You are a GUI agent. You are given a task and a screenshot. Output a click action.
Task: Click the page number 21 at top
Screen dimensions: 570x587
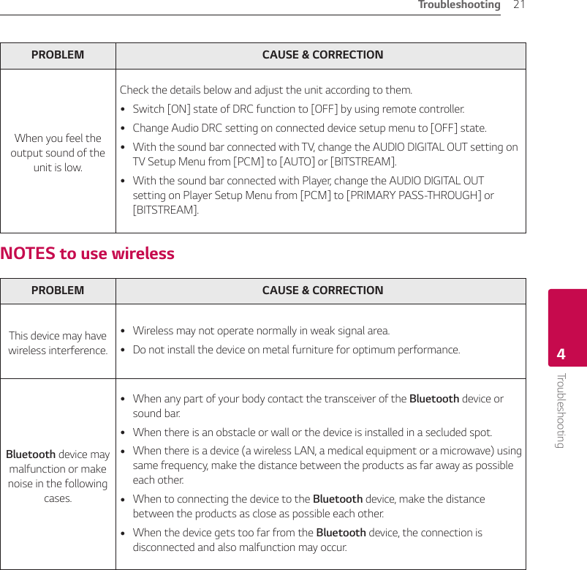(x=519, y=5)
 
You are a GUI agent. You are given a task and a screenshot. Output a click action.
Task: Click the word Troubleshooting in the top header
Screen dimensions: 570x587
(x=459, y=5)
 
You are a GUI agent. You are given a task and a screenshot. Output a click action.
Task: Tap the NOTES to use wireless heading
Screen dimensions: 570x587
(x=88, y=253)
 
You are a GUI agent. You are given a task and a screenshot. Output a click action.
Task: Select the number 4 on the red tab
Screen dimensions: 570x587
(x=561, y=355)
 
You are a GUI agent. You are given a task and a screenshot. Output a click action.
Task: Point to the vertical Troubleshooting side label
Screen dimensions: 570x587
(x=561, y=410)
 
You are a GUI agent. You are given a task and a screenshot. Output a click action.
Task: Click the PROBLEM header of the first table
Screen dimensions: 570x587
(x=58, y=55)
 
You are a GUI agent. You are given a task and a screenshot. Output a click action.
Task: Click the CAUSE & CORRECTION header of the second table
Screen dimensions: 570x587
(x=322, y=290)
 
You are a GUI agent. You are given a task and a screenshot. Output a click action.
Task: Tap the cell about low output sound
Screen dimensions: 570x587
(x=58, y=152)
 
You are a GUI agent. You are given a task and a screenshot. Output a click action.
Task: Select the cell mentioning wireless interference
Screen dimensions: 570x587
(x=58, y=342)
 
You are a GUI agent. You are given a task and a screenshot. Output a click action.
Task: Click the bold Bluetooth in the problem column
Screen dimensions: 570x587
(x=31, y=454)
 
